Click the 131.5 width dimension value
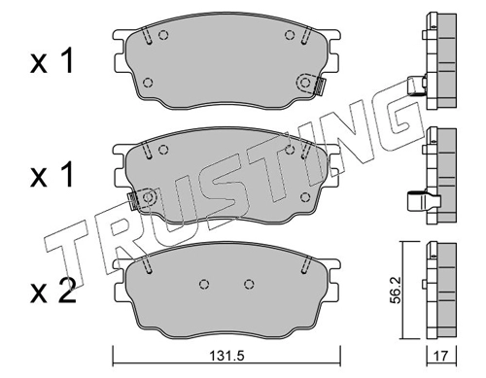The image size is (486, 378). tap(226, 357)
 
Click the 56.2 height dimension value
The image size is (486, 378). tap(396, 290)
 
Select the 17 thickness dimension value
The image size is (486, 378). tap(441, 357)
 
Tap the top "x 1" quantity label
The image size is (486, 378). tap(52, 61)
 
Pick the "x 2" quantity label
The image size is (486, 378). tap(53, 292)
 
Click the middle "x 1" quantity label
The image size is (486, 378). tap(52, 175)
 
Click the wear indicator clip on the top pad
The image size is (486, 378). tap(320, 86)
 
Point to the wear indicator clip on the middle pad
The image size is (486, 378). tap(133, 200)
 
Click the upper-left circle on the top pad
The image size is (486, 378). tap(163, 35)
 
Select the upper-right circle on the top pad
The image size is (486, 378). tap(290, 35)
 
